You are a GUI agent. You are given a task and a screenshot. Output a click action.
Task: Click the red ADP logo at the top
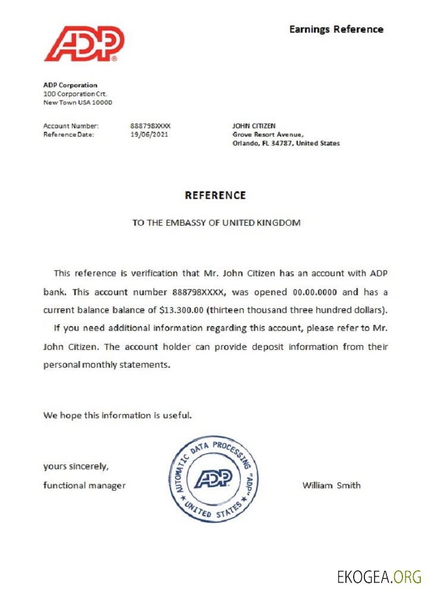(x=84, y=43)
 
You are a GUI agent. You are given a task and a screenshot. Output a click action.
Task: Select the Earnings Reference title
(x=336, y=29)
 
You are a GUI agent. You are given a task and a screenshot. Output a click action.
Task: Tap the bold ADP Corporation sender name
(x=70, y=85)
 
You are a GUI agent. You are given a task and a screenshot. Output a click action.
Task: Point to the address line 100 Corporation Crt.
(x=75, y=94)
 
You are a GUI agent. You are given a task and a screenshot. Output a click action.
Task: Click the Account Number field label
(x=71, y=126)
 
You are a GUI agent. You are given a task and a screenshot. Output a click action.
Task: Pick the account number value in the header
(x=150, y=126)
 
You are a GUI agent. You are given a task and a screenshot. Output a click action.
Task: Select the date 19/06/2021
(x=149, y=134)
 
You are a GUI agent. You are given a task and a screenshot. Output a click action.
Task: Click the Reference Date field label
(x=68, y=134)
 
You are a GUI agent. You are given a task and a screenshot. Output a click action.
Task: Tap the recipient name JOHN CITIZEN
(x=254, y=126)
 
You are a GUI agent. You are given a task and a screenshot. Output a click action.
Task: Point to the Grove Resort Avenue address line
(x=267, y=135)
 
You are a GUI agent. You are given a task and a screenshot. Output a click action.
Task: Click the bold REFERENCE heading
(x=215, y=195)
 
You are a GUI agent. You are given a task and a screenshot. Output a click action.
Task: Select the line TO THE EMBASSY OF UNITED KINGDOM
(x=216, y=223)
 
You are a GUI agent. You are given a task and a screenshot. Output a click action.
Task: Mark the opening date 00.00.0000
(x=317, y=292)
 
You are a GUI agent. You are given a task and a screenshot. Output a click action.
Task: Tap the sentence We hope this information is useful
(x=117, y=415)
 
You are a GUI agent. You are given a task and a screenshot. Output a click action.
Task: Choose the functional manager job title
(x=84, y=485)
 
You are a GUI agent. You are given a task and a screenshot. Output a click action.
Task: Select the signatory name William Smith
(x=331, y=485)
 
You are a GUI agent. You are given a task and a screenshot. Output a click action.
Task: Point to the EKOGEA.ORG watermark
(x=379, y=577)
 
